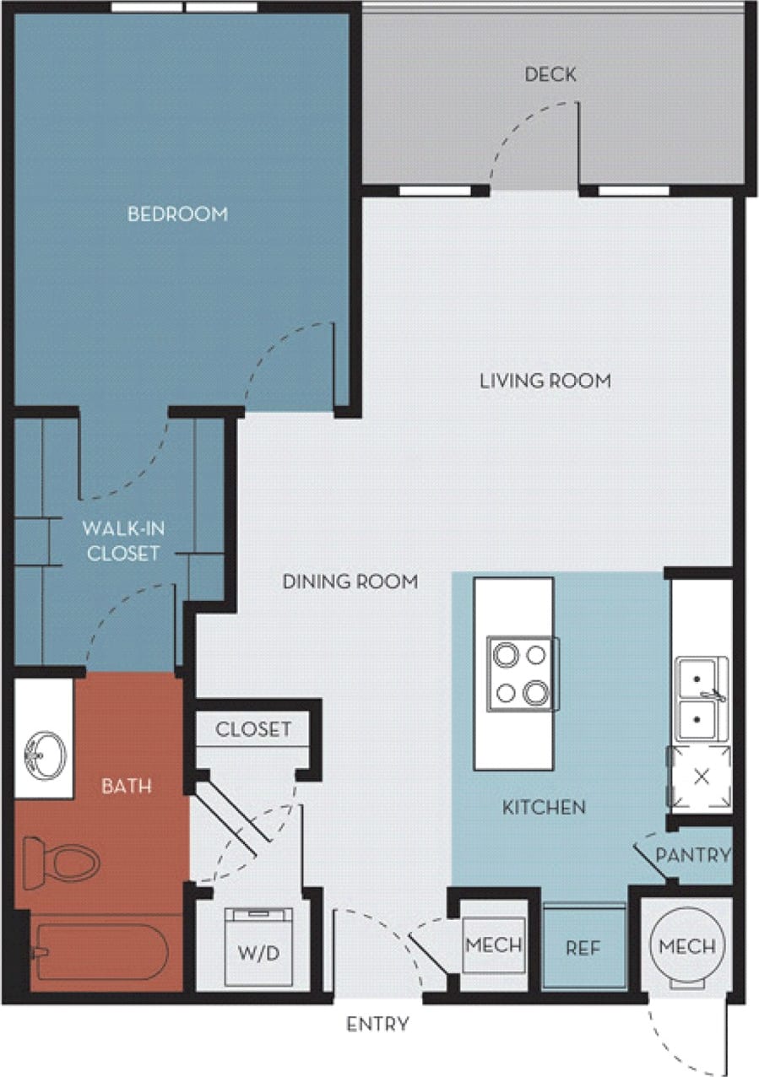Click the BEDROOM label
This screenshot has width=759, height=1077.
coord(177,214)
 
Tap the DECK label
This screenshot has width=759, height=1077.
coord(550,75)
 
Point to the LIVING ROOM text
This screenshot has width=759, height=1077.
coord(545,382)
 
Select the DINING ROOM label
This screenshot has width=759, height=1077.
coord(350,582)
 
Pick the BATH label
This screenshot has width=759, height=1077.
coord(127,786)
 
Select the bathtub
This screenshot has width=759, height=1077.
coord(100,952)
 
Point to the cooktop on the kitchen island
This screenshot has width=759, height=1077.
coord(522,674)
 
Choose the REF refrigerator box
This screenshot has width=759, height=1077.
coord(583,948)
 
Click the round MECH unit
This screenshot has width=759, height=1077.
coord(687,945)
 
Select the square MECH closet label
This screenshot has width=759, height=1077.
coord(495,944)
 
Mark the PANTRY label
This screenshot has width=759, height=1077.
coord(692,855)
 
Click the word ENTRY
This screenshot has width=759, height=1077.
coord(378,1025)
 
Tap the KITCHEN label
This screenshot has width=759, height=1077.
coord(544,808)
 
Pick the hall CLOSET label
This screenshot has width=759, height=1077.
coord(253,729)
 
